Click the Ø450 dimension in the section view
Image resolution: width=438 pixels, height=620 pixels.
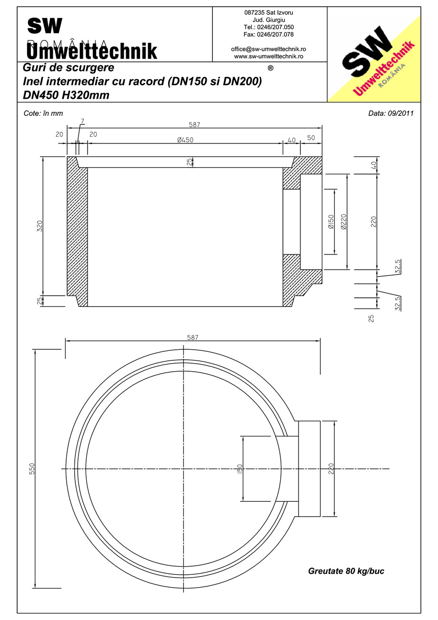tap(185, 140)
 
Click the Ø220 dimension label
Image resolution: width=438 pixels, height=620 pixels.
tap(343, 222)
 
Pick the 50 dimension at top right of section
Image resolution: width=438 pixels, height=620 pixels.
tap(311, 138)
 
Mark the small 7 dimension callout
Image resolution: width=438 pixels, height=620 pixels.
tap(82, 122)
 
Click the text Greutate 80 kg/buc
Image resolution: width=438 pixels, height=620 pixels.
tap(346, 571)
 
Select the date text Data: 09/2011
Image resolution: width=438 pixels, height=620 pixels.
tap(391, 113)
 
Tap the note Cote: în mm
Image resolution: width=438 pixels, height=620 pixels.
tap(43, 113)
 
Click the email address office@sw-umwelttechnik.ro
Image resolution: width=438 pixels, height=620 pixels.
tap(269, 49)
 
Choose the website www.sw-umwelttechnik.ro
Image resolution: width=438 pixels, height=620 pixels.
tap(269, 56)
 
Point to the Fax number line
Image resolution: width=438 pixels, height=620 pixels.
tap(269, 34)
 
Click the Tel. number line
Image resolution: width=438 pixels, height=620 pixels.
tap(269, 27)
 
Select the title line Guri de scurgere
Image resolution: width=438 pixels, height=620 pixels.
tap(69, 68)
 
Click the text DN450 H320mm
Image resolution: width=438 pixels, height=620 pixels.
tap(66, 95)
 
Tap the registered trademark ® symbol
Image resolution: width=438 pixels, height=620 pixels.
tap(270, 68)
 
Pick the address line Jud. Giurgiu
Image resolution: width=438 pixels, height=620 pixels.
tap(269, 20)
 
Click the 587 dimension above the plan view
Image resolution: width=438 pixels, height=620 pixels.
tap(193, 337)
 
